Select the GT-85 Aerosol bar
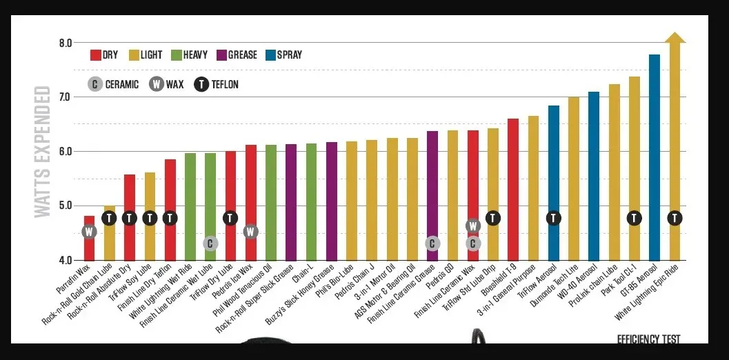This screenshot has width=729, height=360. [654, 157]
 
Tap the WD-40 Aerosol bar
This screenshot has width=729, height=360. [594, 176]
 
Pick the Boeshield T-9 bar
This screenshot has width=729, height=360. [513, 190]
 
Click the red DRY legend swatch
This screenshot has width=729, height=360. [96, 55]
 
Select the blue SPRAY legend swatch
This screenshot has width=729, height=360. [270, 55]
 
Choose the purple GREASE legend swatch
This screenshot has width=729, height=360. [221, 55]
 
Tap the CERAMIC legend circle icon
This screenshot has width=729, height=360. [94, 84]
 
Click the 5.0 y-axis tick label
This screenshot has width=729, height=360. [66, 206]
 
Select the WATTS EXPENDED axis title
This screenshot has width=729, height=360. [43, 152]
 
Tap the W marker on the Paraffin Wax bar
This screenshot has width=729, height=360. [89, 232]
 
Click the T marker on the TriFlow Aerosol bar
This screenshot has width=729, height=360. [553, 218]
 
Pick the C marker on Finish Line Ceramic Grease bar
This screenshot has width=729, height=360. [432, 243]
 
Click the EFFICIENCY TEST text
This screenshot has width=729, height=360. [648, 339]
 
